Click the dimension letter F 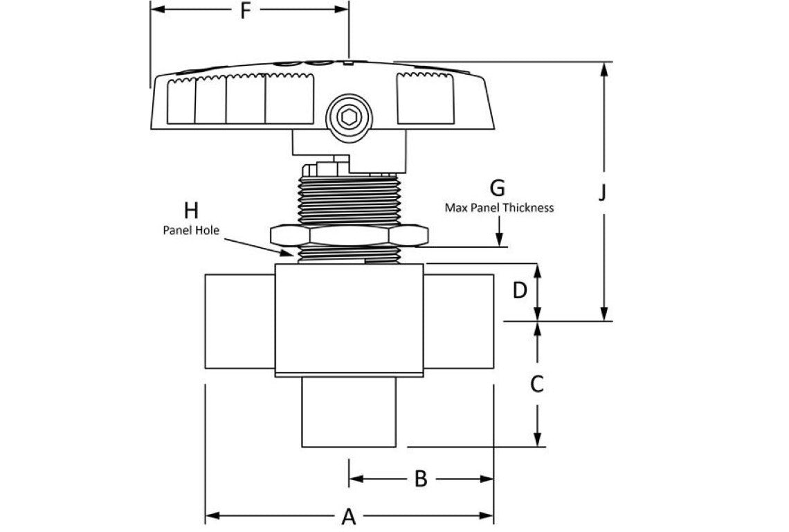(x=244, y=12)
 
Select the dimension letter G (x=497, y=188)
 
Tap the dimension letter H (x=191, y=210)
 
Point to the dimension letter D (x=520, y=291)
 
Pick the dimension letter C (x=536, y=383)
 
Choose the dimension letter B (x=420, y=479)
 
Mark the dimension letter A (x=349, y=516)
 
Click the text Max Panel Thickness (x=498, y=207)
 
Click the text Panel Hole (x=191, y=231)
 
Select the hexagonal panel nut (x=349, y=236)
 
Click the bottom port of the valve (x=349, y=412)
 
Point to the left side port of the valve (x=239, y=321)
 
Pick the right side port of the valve (x=458, y=321)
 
